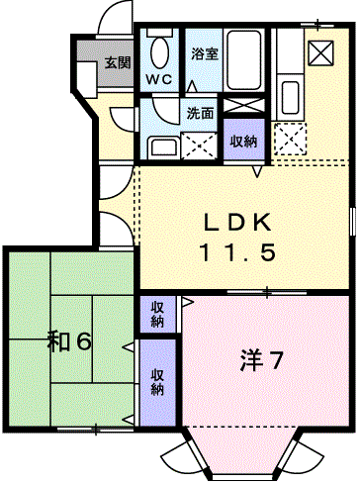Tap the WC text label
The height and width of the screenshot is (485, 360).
(159, 79)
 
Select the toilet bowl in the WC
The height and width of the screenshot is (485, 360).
(160, 51)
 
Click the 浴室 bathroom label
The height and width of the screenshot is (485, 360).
(205, 53)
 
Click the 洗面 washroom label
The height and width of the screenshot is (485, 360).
(201, 113)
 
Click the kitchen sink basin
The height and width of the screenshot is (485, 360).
(290, 97)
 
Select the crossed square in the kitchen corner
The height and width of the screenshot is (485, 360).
(320, 52)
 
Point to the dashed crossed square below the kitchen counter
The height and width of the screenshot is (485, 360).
(290, 139)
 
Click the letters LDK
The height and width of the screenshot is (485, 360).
(237, 223)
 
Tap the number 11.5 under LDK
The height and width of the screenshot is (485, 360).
(237, 252)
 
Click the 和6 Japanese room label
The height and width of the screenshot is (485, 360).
(69, 341)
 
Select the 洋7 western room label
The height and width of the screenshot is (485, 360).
(262, 360)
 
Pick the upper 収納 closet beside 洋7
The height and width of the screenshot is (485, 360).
(157, 315)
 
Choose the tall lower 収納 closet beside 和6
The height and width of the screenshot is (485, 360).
(157, 382)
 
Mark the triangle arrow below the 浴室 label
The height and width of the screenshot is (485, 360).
(192, 86)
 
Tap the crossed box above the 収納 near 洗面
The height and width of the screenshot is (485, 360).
(244, 106)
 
